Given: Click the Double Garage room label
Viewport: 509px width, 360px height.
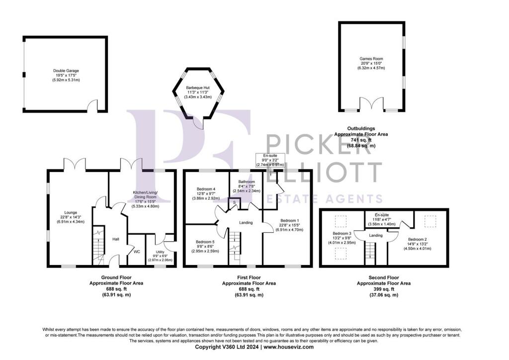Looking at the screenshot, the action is pos(66,71).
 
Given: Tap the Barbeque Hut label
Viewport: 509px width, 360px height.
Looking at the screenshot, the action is pos(198,88).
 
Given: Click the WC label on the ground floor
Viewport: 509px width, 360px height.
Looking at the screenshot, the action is pos(137,252).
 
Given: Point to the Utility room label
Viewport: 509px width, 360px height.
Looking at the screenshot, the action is pos(160,252).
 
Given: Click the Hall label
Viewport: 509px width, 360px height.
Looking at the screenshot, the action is pos(116,239).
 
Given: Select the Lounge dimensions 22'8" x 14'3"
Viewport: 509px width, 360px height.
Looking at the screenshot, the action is pos(68,217).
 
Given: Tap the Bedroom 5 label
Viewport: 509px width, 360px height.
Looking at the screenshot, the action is pos(205,242).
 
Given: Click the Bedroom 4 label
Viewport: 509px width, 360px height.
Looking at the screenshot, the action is pos(206,189).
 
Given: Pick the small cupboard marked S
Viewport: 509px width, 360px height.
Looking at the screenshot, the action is pos(235,202).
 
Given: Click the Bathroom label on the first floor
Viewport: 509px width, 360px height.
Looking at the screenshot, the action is pos(247,182).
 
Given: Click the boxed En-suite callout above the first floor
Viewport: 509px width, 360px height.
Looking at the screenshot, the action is pos(270,161).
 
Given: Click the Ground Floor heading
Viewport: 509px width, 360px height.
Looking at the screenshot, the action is pos(116,277).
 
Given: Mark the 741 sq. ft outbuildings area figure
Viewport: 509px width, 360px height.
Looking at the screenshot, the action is pos(361,140).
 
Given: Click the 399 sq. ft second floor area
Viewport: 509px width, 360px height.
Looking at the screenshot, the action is pos(384,289).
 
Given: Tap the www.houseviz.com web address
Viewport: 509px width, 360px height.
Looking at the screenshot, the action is pos(289,347).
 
